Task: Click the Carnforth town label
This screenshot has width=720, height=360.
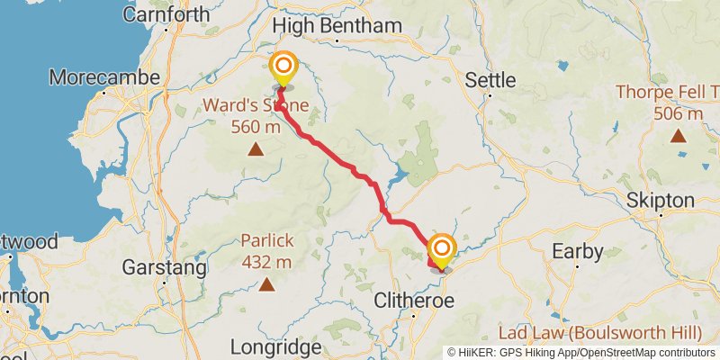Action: click(166, 14)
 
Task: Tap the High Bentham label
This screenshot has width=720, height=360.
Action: click(337, 25)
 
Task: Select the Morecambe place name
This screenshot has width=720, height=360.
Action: click(104, 77)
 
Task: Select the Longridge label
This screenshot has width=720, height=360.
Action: click(275, 346)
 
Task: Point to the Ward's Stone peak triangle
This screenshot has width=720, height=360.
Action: click(256, 149)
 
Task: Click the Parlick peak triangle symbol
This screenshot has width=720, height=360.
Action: click(266, 285)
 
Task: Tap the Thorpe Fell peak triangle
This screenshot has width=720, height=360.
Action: click(677, 136)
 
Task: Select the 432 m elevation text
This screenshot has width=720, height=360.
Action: click(266, 262)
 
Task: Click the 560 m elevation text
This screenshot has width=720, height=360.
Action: click(256, 126)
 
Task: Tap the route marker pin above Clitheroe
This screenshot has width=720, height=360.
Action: click(441, 250)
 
